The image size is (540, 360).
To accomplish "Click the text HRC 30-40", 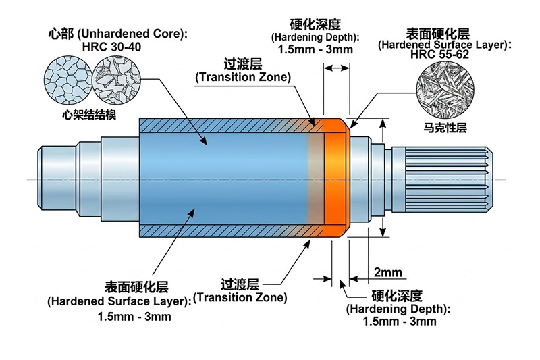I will [x=111, y=47].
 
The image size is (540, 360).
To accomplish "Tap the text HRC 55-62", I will [x=439, y=55].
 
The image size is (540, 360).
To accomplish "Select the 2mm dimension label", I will [x=387, y=273].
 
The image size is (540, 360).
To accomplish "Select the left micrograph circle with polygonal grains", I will [x=65, y=80].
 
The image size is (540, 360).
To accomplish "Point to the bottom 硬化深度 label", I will [x=397, y=296].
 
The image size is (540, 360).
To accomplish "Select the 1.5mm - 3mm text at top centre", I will [x=315, y=49].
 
